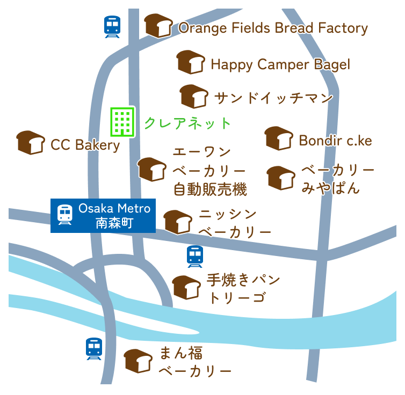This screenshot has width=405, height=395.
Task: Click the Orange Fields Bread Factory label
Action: [273, 28]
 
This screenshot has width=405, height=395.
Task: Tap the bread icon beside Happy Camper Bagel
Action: [191, 62]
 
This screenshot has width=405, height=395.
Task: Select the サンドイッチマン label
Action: [273, 98]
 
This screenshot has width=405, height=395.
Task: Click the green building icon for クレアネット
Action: [122, 122]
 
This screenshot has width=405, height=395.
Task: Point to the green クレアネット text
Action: [187, 123]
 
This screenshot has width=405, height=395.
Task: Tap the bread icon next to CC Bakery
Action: [31, 143]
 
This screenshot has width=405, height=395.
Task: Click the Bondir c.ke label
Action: [335, 141]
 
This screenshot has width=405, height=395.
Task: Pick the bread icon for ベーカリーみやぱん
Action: [281, 178]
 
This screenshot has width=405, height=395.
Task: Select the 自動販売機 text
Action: [210, 189]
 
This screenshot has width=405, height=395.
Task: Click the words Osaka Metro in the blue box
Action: [114, 208]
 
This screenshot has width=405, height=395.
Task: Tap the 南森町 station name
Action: [114, 223]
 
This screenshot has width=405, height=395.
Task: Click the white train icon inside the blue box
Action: [65, 214]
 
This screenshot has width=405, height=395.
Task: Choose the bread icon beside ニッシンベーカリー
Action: [178, 222]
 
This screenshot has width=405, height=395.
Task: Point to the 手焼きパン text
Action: [243, 280]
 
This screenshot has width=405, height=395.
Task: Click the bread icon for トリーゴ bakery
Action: [186, 288]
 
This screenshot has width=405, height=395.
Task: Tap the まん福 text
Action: [182, 353]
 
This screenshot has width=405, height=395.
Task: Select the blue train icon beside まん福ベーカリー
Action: [94, 349]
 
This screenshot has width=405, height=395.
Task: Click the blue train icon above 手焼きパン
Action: [195, 257]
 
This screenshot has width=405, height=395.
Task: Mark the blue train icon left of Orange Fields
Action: [112, 27]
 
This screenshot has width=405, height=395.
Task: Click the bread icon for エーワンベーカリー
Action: [152, 170]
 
